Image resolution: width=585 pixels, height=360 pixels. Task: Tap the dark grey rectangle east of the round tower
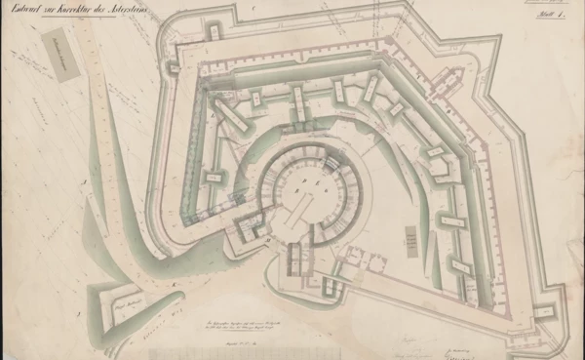410,237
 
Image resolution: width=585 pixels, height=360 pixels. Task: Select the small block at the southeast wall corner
544,310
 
